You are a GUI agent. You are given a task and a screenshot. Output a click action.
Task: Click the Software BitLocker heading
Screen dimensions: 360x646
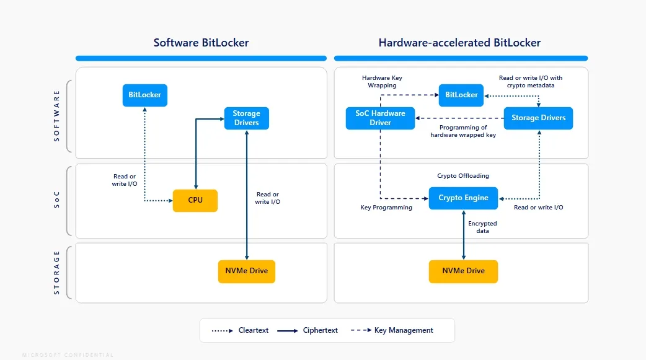(201, 43)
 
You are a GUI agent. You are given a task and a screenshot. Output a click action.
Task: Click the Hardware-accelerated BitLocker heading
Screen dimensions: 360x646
(459, 43)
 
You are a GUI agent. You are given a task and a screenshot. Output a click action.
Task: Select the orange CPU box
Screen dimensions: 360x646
(195, 200)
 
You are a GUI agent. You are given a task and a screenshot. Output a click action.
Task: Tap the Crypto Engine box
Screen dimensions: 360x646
(463, 198)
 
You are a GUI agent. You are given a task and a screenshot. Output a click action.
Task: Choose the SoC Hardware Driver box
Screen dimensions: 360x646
(380, 118)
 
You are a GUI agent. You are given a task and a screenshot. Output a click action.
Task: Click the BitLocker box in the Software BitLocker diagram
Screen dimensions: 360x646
(144, 95)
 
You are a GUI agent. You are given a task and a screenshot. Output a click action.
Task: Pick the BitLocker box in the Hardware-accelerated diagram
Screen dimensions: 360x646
(461, 95)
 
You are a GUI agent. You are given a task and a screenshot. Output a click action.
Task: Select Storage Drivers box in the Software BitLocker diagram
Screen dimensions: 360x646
(246, 118)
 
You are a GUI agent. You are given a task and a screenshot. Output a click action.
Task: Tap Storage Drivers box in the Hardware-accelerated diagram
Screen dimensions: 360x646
(538, 118)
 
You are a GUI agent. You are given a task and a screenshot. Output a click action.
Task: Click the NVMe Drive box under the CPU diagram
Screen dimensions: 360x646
(246, 271)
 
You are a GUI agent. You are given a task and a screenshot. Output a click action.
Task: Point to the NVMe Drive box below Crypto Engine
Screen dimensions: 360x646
(463, 271)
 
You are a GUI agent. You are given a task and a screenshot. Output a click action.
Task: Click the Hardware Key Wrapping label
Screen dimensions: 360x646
(382, 81)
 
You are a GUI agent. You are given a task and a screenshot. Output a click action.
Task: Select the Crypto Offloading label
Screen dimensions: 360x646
(462, 176)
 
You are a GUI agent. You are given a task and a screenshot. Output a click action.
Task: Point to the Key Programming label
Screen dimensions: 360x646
(386, 208)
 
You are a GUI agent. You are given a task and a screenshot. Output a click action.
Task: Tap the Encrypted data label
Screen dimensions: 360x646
(482, 227)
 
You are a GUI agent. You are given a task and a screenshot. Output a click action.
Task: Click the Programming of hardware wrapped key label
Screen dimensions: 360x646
(462, 131)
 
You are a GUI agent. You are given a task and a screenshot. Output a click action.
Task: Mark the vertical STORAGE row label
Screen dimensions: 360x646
(57, 272)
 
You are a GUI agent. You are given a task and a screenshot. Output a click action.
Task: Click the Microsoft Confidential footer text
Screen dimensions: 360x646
(68, 355)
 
